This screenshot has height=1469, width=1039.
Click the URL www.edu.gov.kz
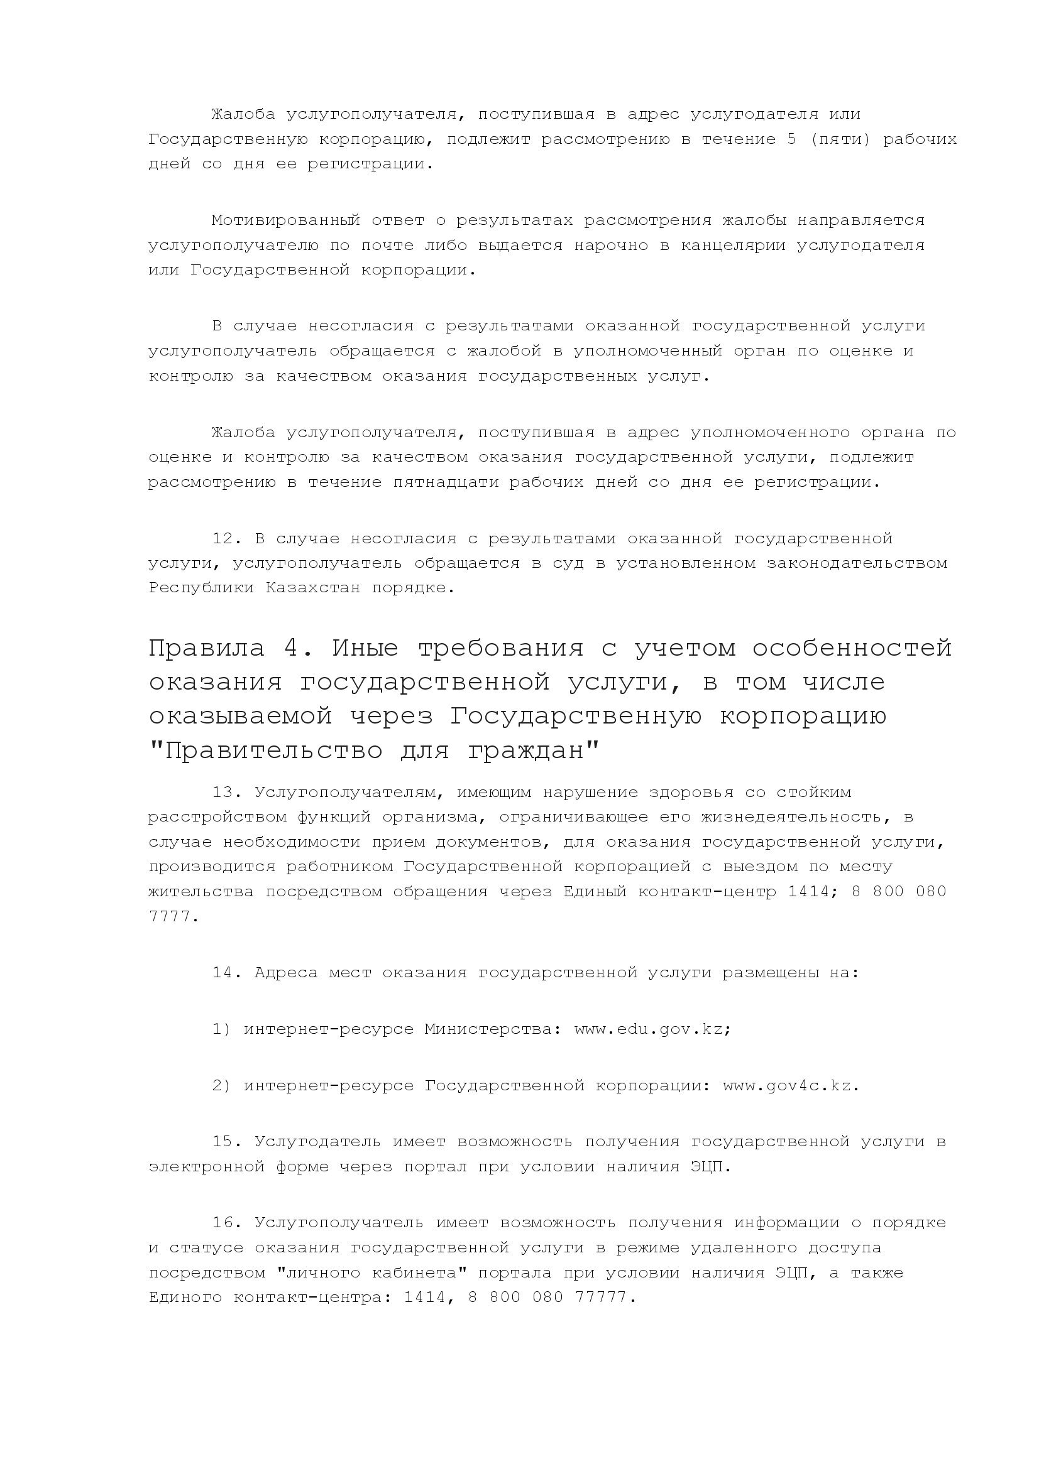point(652,1029)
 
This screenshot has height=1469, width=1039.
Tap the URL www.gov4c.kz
point(790,1086)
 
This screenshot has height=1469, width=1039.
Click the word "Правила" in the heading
point(206,649)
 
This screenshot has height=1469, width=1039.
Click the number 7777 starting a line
point(170,917)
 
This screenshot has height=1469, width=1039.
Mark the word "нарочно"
point(611,245)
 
